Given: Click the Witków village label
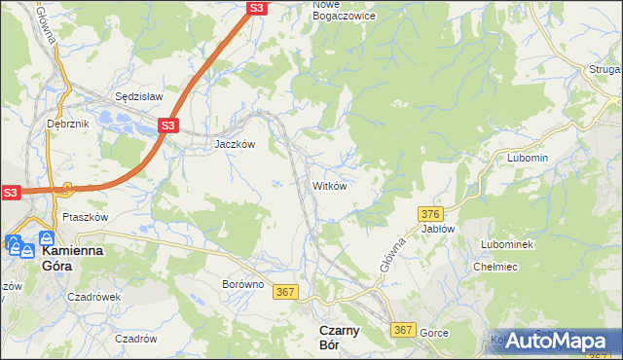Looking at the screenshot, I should [x=330, y=185].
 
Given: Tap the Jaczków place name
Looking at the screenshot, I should [x=235, y=143].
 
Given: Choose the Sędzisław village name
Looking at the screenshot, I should [x=139, y=97].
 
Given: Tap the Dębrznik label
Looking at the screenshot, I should [x=67, y=125].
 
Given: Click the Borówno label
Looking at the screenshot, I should [x=243, y=284].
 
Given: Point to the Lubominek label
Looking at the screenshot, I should [x=506, y=243].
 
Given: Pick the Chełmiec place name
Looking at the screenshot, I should [x=495, y=267].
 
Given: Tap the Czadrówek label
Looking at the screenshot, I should [x=94, y=298].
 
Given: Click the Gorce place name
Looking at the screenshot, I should [x=434, y=333].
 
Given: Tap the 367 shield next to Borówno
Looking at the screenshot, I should [x=285, y=292].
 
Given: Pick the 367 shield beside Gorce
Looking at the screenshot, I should [x=405, y=331].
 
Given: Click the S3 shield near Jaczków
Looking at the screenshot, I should [x=168, y=126].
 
